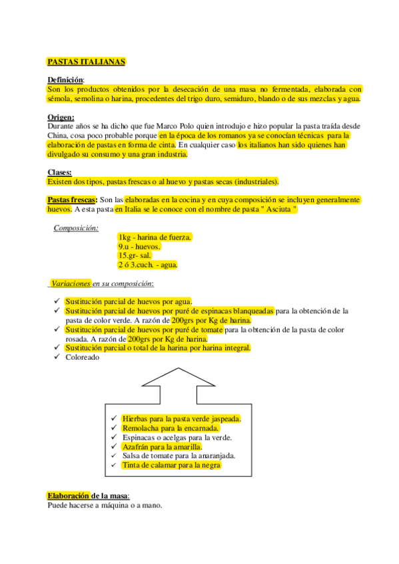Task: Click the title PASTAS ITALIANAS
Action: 86,61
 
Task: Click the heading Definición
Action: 65,80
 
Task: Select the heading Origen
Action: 61,117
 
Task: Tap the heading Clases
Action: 59,172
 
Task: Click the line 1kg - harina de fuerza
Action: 155,237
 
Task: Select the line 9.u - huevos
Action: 139,247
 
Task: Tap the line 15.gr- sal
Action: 135,255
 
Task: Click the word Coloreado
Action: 83,357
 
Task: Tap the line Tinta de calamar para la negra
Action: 171,466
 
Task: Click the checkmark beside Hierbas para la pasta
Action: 114,418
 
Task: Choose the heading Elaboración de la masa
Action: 88,495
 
